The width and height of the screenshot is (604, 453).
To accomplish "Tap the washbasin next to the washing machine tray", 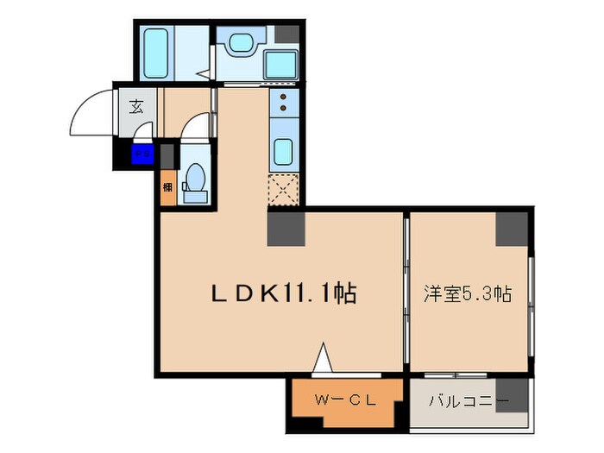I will [236, 41].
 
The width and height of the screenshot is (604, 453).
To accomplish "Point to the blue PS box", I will [141, 156].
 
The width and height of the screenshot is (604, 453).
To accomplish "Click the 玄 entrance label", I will [136, 107].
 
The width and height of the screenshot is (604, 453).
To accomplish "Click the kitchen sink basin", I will [284, 151].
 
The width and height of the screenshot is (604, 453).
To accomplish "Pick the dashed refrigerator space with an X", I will [284, 188].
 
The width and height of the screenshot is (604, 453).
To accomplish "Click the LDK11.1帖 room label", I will [284, 293].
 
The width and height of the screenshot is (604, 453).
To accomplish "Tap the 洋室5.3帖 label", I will [468, 293].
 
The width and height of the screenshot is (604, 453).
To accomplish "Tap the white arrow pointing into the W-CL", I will [323, 359].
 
